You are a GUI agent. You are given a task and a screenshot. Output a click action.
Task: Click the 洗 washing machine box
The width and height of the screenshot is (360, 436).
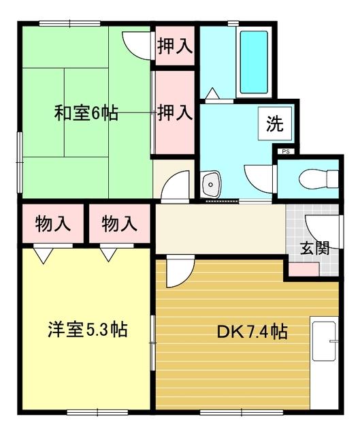coord(276,124)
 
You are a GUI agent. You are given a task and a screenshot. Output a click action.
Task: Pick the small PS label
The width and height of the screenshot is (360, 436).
coord(284,152)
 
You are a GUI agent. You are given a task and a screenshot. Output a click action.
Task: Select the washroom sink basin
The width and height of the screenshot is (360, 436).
coord(211,185)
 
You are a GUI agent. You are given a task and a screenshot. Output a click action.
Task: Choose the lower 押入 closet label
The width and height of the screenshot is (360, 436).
coord(174,112)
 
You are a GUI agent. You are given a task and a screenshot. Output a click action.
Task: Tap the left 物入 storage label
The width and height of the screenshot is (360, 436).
coord(52,223)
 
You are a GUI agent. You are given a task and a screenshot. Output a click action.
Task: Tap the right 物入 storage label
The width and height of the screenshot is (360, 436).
coord(119,223)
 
